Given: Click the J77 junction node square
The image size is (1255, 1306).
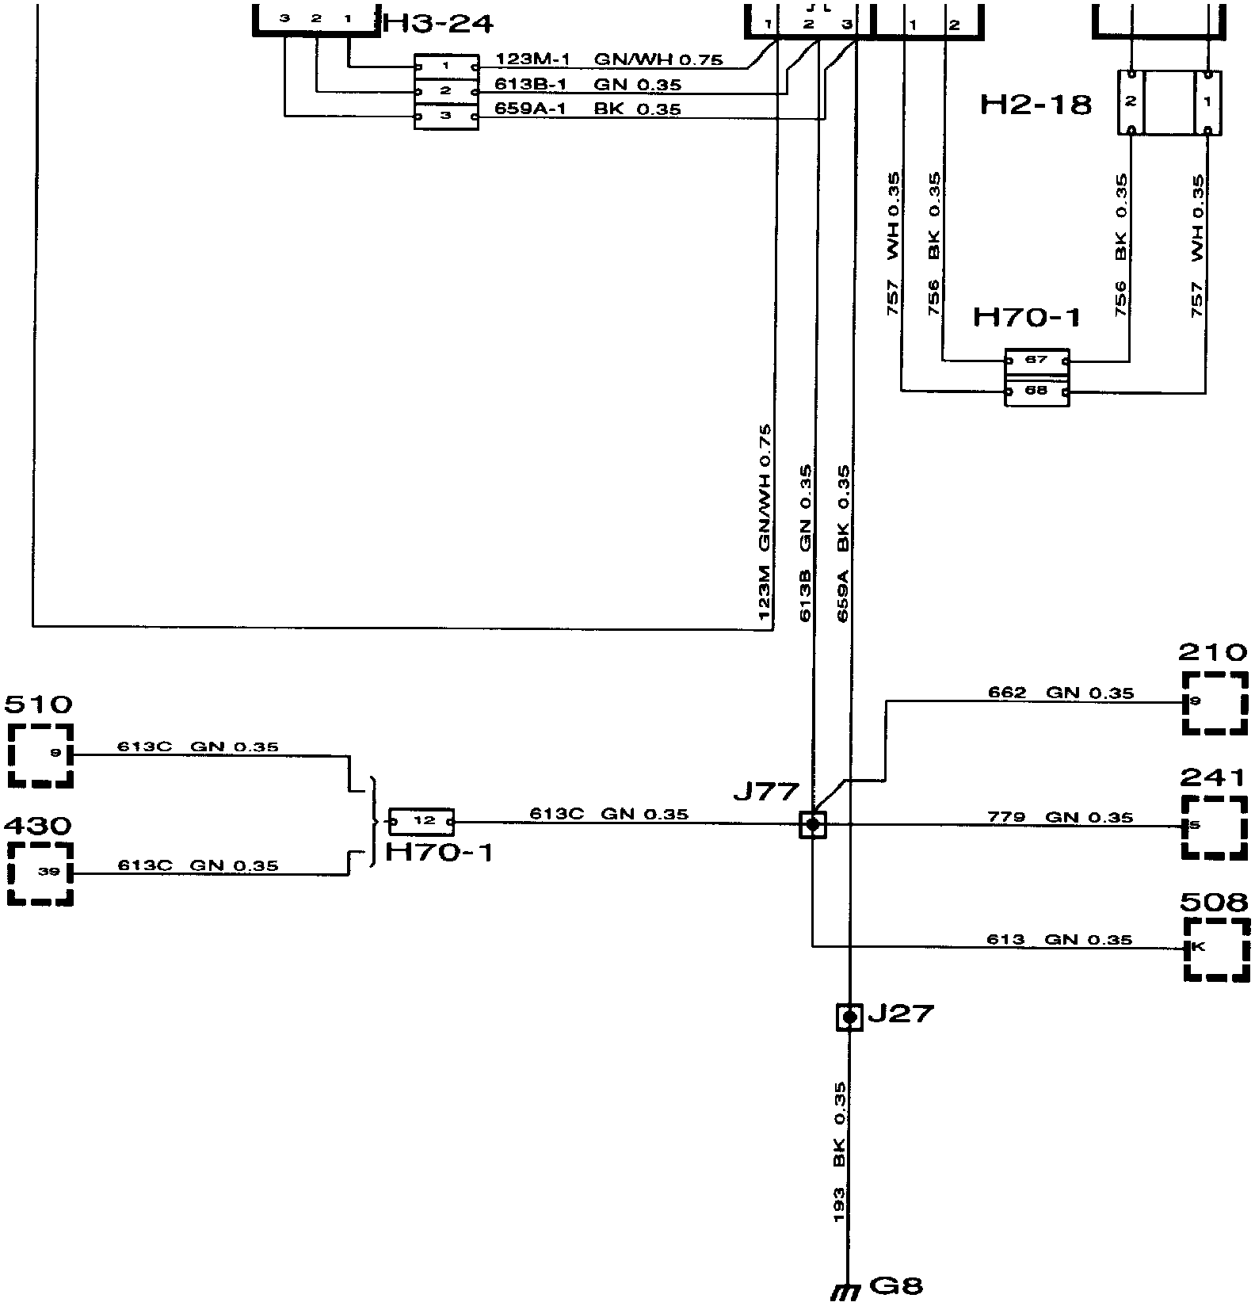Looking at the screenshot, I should click(x=812, y=825).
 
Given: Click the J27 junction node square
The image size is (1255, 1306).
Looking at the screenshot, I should click(x=849, y=1017).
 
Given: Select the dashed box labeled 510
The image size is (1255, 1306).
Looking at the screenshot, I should click(x=40, y=754).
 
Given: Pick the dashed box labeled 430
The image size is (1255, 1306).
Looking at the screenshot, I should click(x=40, y=873).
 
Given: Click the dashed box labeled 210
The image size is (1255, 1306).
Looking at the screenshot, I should click(x=1215, y=702).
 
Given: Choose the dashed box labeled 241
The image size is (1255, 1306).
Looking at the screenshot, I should click(x=1215, y=827).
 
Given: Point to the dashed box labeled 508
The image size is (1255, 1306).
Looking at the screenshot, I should click(x=1216, y=949).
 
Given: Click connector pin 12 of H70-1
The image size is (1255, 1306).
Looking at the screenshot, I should click(x=422, y=822).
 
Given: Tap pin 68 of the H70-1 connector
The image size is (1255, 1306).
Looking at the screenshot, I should click(x=1036, y=391).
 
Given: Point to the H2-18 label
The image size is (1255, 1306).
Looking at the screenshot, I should click(x=1036, y=104).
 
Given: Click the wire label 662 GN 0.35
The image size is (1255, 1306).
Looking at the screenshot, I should click(x=1060, y=693).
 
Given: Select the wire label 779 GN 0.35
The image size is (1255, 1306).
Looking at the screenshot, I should click(x=1060, y=817).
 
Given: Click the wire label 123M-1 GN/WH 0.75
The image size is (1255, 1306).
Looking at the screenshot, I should click(x=608, y=59).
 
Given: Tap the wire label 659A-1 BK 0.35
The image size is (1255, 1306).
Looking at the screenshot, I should click(x=587, y=109).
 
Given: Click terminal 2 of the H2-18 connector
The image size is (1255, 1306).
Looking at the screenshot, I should click(x=1131, y=101).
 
